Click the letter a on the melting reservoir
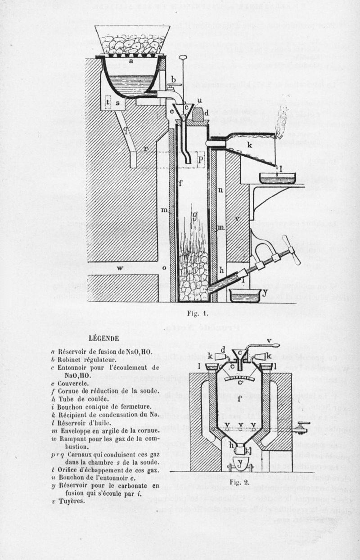coord(131,62)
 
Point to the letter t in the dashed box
coord(108,103)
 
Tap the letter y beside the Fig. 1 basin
coord(265,294)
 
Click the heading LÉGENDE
coord(103,338)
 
